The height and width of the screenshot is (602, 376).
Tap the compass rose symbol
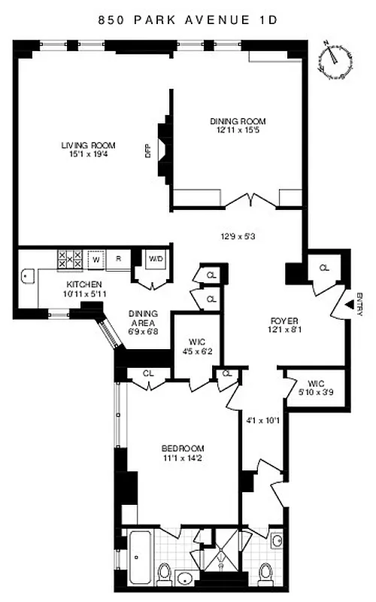(x=335, y=60)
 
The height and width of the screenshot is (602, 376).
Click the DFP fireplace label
(x=148, y=150)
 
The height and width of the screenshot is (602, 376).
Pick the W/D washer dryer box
(x=156, y=260)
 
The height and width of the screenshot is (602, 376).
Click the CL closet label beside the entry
(x=324, y=267)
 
